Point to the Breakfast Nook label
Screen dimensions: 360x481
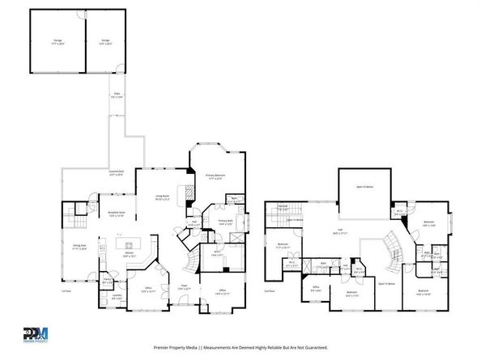[115, 214]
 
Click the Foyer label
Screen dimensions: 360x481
[183, 287]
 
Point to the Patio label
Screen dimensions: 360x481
[117, 96]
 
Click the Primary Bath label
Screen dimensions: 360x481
[224, 222]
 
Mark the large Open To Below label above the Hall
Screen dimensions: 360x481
[364, 187]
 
